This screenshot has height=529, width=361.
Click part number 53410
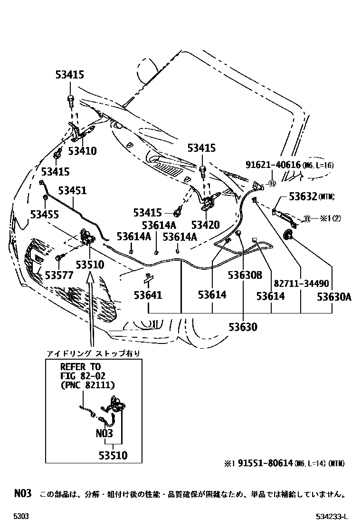coord(82,151)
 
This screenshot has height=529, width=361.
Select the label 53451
coord(72,191)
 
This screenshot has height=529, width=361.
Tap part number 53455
coord(45,215)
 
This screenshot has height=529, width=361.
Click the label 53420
coord(206,225)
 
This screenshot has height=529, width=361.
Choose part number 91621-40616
coord(273,165)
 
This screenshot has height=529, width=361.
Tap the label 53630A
coord(334,297)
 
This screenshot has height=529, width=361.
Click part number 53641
coord(147,295)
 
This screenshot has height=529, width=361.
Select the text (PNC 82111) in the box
coord(87,385)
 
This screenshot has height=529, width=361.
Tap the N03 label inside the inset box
coord(104,433)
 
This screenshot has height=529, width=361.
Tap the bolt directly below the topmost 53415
coord(70,100)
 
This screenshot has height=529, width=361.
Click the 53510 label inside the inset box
coord(113,455)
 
